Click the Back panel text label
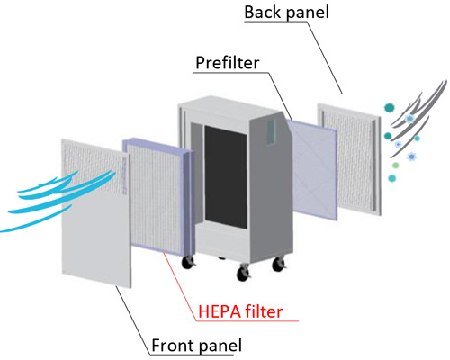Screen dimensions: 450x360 coord(286,13)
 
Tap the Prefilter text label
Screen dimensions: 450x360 coord(228,63)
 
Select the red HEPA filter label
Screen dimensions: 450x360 coord(240,311)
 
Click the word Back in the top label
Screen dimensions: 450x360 coord(259,12)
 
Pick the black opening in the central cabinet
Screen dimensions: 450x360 coord(226,177)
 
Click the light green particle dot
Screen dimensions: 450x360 coord(396,166)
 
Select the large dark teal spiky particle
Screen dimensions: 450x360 coord(390,107)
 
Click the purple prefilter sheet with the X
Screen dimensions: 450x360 coord(314,170)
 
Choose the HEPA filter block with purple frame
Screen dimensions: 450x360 coord(159,196)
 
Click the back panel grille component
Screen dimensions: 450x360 coord(349,159)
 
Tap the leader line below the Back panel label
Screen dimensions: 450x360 coord(324,56)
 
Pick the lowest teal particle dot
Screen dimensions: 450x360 coord(391,178)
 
